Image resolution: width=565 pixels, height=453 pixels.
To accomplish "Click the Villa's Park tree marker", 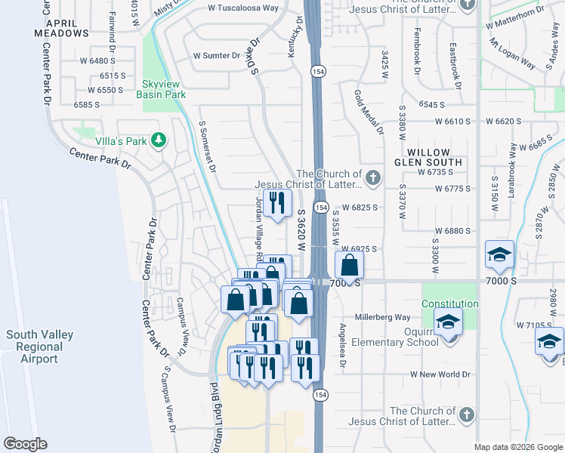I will (158, 140).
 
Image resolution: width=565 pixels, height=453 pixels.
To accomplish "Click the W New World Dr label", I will (440, 374).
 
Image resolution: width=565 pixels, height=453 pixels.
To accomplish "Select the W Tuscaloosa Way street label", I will (243, 8).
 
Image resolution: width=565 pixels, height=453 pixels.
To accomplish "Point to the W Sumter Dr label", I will (217, 56).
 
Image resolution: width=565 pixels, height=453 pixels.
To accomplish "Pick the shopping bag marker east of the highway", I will (349, 265).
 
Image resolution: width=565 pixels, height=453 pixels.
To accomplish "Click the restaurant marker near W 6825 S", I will (277, 203).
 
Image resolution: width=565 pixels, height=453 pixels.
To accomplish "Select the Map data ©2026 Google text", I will (518, 447).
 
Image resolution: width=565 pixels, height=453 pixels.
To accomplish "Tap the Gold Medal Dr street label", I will (369, 112).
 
